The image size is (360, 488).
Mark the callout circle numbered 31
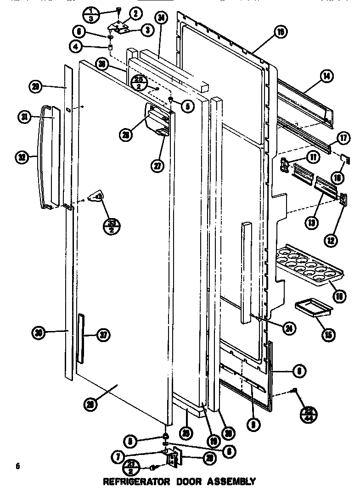pyautogui.click(x=23, y=118)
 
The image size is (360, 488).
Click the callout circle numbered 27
pyautogui.click(x=157, y=166)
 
